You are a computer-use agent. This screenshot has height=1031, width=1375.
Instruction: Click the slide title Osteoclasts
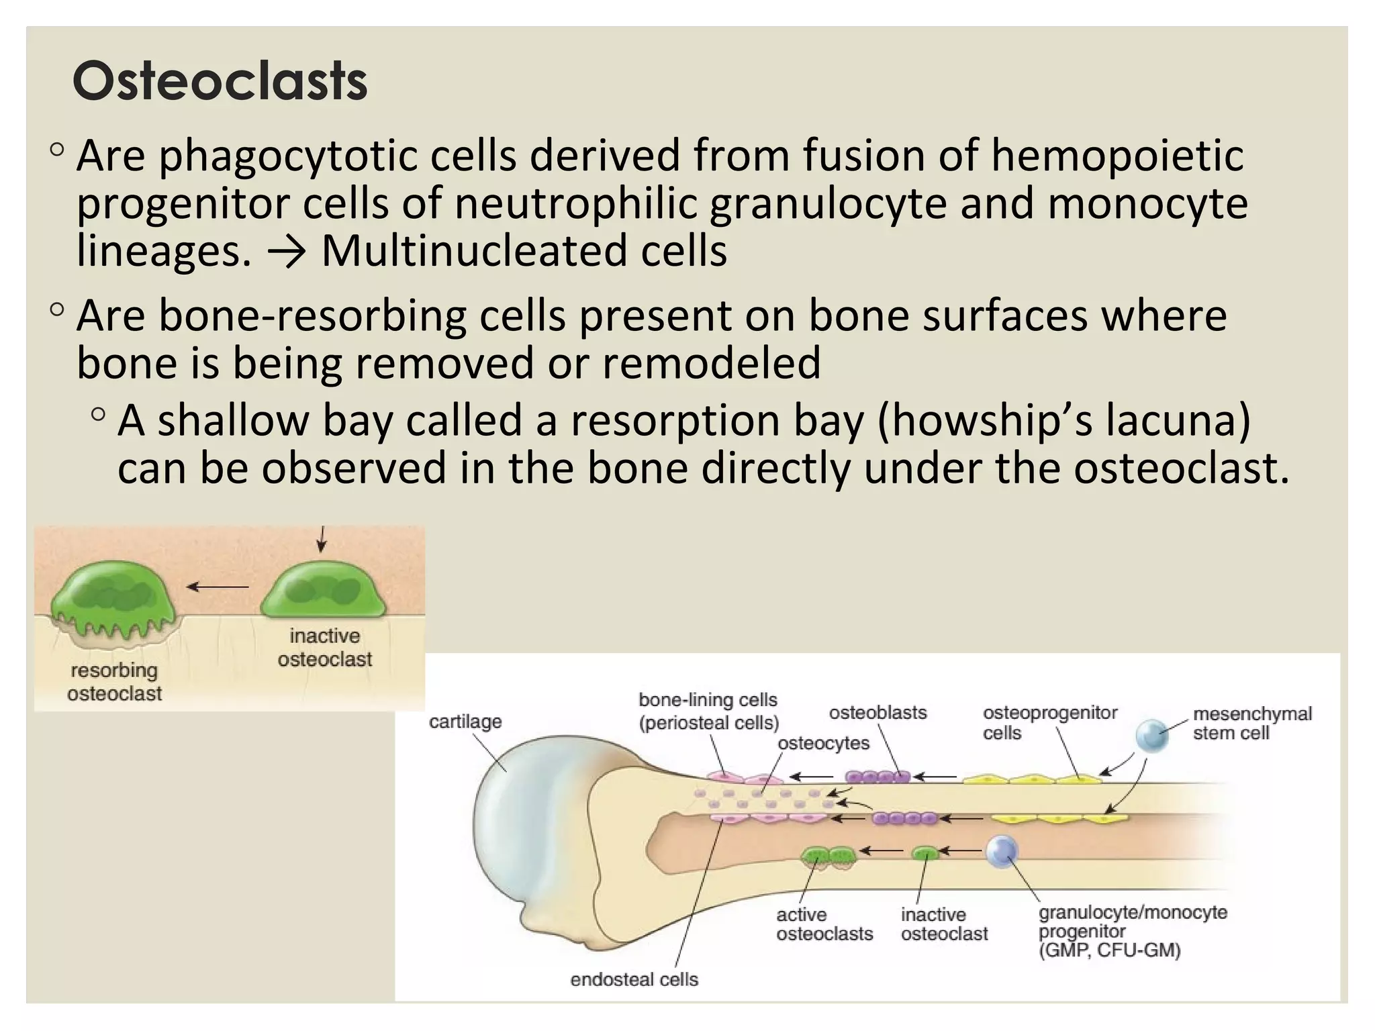tap(220, 81)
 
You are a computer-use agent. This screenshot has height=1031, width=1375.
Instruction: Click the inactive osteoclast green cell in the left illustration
tap(324, 591)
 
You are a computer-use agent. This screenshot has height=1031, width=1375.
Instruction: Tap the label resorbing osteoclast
tap(114, 681)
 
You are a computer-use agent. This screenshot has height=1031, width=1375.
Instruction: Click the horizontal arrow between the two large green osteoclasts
tap(218, 587)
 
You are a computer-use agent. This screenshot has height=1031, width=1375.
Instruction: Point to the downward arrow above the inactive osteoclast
tap(322, 539)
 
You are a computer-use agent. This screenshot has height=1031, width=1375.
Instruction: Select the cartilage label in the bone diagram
tap(465, 722)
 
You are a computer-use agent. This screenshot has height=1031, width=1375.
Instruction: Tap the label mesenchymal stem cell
tap(1251, 723)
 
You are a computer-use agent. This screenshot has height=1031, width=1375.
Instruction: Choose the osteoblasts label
tap(878, 713)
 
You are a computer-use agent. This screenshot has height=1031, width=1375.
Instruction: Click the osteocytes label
tap(823, 743)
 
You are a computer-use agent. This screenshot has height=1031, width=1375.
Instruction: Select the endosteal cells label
tap(634, 979)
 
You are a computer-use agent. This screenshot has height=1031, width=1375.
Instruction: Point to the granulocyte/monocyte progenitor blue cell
tap(1002, 851)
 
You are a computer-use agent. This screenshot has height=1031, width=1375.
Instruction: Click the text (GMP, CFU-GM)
tap(1109, 950)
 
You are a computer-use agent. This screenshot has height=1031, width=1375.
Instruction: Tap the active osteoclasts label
tap(824, 924)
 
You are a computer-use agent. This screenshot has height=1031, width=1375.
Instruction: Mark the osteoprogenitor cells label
tap(1049, 722)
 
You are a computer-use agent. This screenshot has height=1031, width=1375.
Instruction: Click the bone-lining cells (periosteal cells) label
tap(708, 711)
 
